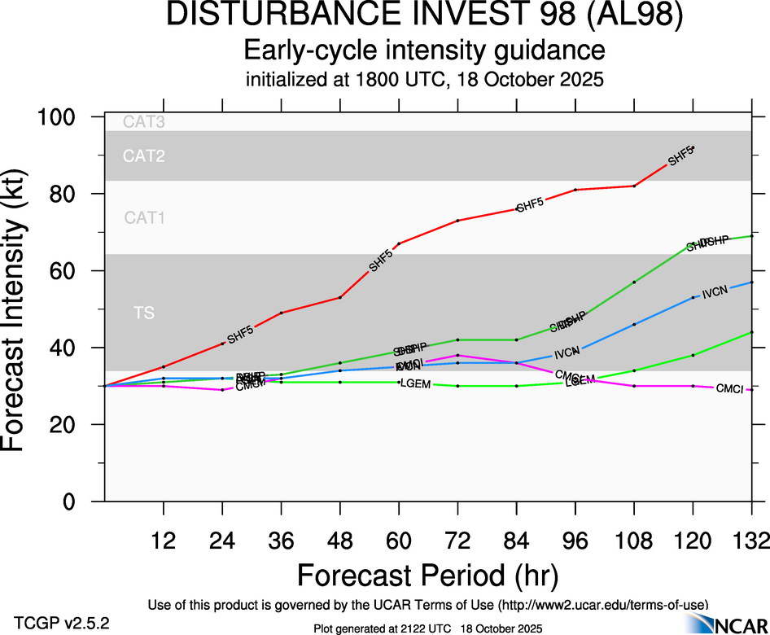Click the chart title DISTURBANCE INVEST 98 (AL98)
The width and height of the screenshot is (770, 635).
point(423,15)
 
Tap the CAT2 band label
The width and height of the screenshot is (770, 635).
point(144,156)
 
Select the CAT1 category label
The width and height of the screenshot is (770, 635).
point(144,218)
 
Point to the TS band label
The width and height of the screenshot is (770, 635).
point(144,313)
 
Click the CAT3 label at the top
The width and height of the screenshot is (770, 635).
point(144,123)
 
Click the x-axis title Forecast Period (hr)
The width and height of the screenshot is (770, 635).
point(427,575)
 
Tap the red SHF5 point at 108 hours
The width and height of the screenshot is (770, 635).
point(634,186)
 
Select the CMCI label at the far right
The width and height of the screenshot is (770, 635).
point(729,389)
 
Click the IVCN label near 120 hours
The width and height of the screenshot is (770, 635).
point(714,291)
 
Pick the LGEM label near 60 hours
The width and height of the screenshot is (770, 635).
point(415,383)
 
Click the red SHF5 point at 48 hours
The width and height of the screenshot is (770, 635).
point(340,297)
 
